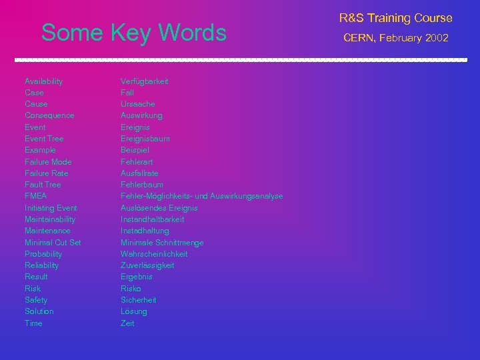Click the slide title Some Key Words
tap(133, 33)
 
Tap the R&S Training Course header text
tap(395, 18)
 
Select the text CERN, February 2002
tap(395, 38)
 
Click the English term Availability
tap(43, 81)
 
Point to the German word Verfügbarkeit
tap(144, 81)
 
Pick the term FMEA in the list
tap(35, 196)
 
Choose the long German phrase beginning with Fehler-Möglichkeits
tap(201, 196)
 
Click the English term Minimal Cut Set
tap(53, 243)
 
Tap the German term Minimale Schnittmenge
tap(162, 243)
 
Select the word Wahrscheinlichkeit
tap(154, 254)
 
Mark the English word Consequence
tap(49, 115)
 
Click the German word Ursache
tap(137, 104)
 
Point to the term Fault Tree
tap(43, 185)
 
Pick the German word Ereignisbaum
tap(145, 139)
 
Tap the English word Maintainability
tap(50, 219)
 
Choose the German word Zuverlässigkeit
tap(147, 265)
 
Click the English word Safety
tap(36, 300)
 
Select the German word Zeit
tap(127, 323)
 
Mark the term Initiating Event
tap(51, 208)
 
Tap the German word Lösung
tap(133, 311)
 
